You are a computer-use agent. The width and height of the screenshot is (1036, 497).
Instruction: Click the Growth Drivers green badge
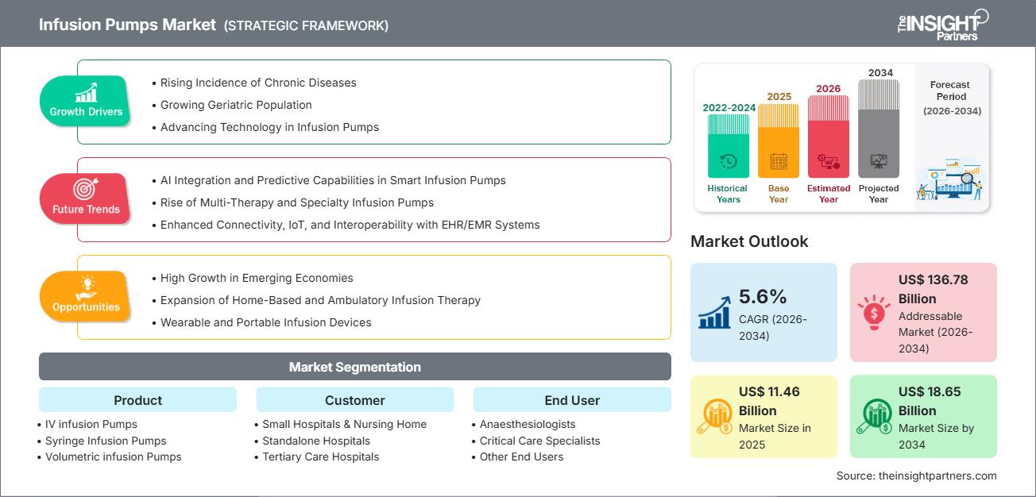86,100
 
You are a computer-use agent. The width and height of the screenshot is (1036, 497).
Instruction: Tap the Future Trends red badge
86,198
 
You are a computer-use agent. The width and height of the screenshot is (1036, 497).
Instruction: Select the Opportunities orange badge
86,295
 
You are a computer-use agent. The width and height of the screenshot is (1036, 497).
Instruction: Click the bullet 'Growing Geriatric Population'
236,105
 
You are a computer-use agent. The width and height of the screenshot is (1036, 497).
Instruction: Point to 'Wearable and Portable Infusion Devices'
265,322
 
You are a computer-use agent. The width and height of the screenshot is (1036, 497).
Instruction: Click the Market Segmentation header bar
354,367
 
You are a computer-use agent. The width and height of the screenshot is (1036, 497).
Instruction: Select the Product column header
137,400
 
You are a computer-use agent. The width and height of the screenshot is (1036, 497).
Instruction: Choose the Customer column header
354,400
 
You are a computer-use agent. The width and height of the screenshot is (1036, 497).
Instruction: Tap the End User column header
572,400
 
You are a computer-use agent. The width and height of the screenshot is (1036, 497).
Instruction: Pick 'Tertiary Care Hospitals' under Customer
320,457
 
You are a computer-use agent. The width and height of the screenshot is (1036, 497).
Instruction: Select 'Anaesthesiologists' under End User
528,424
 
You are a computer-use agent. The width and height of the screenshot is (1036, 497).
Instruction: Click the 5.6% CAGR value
763,297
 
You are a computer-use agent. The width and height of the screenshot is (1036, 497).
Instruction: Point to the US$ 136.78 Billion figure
933,289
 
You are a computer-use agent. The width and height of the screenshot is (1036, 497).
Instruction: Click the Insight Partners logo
942,24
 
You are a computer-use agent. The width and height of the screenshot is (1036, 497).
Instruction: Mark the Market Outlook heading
749,241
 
